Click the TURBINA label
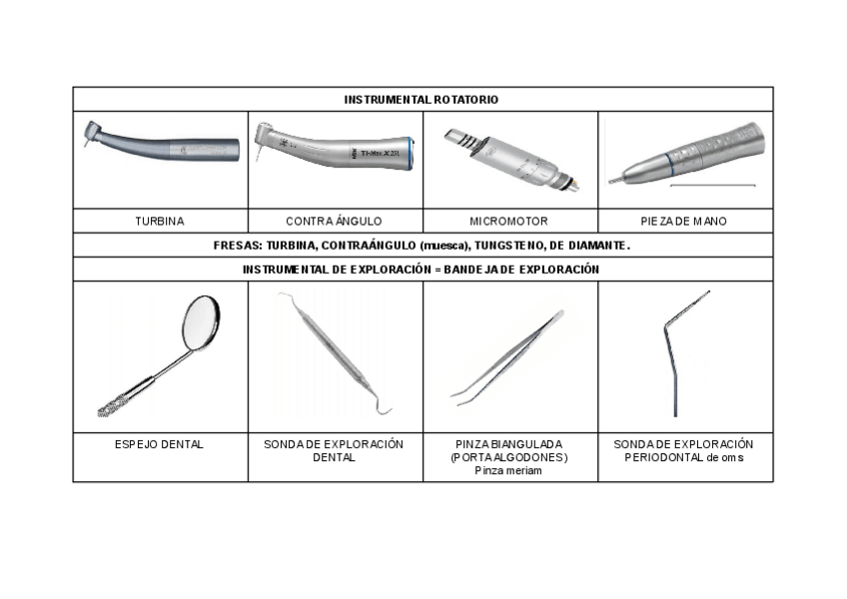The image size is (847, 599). coord(160,221)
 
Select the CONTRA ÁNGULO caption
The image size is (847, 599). coord(334,221)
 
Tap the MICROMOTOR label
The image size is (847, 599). coord(508,221)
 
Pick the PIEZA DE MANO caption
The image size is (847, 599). coord(684,221)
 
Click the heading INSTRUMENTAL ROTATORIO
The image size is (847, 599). coord(422,100)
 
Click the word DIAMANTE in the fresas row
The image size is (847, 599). coord(597,246)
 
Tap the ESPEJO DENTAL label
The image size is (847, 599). coord(159,444)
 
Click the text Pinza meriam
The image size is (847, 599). coord(508,470)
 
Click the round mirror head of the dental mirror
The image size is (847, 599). coord(200,321)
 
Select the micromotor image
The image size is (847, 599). coord(509,155)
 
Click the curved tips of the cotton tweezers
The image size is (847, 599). coord(462,395)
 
